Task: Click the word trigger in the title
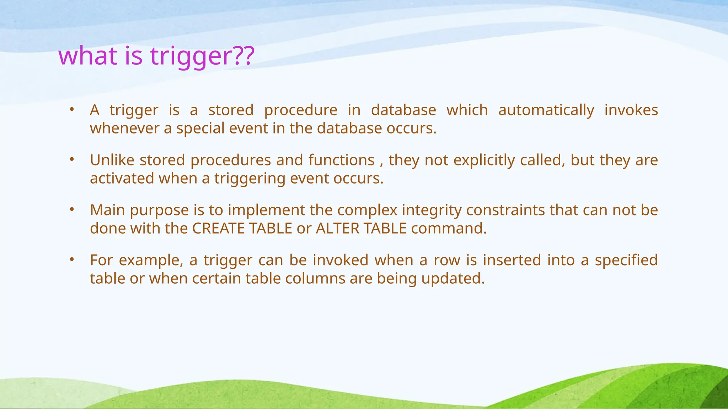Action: [190, 56]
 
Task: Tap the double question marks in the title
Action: [244, 56]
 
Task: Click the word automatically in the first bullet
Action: [546, 110]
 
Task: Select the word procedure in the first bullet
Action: [301, 110]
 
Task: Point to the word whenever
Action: [124, 128]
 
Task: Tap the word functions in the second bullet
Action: [341, 160]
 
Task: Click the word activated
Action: [122, 178]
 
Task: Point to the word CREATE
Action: [218, 228]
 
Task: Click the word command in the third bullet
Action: [448, 228]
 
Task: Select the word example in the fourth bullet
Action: [151, 260]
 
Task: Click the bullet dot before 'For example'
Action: [71, 260]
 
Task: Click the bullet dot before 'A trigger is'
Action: [71, 109]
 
